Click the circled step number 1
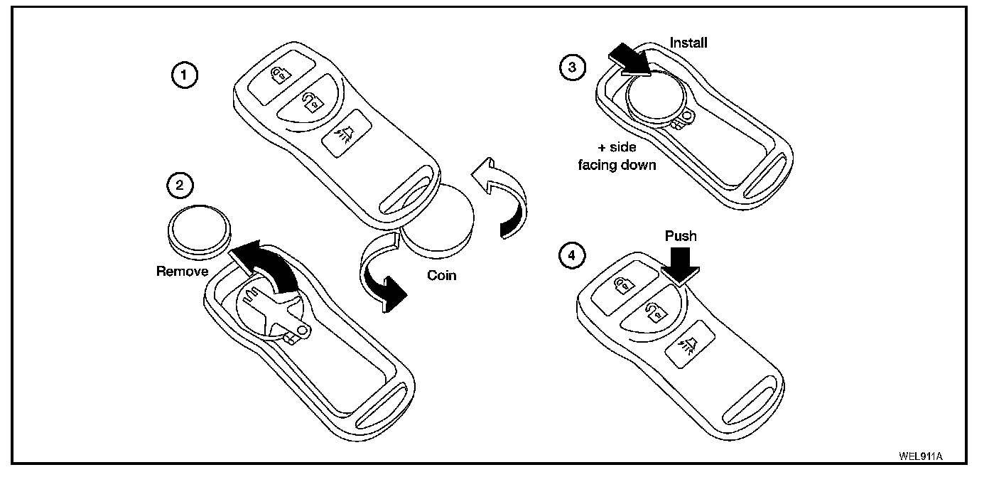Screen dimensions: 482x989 (185, 75)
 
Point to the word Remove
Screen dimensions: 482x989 (182, 271)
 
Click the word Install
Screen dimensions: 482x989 (688, 43)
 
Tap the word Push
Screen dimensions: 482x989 (681, 235)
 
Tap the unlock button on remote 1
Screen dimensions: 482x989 (310, 104)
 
